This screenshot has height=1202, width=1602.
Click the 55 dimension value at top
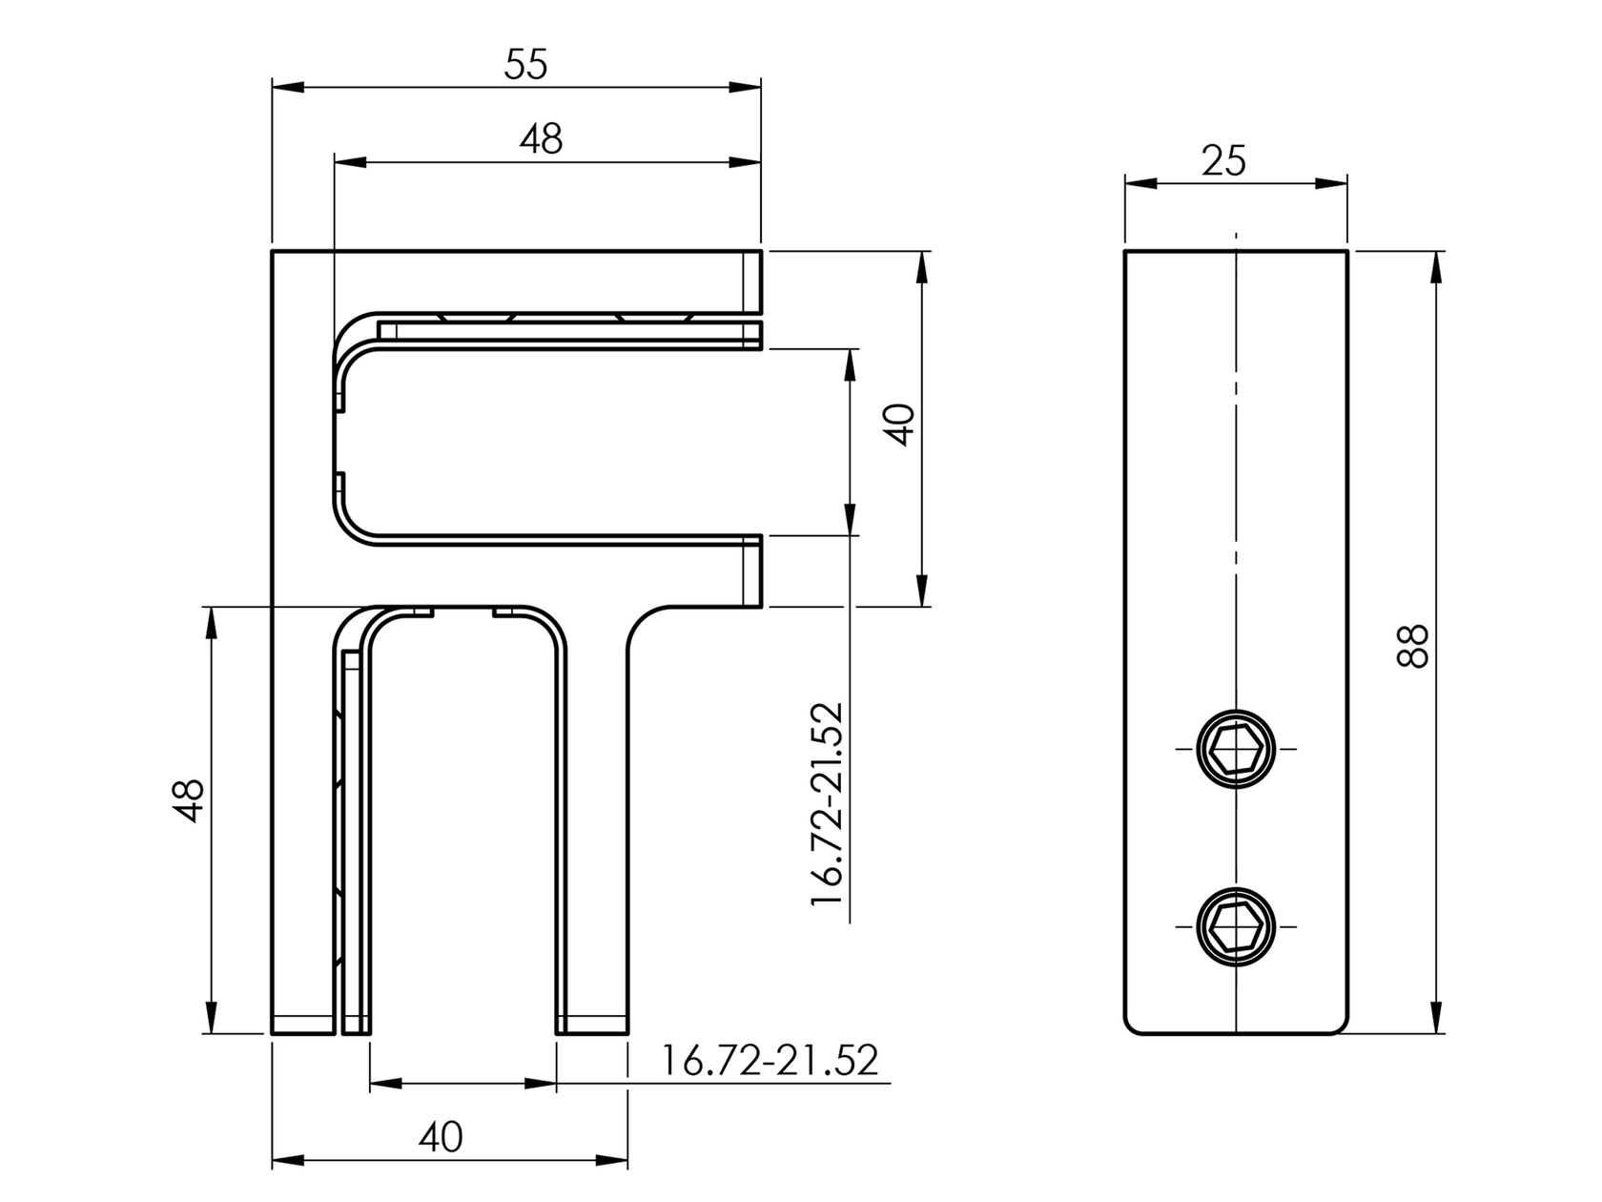526,65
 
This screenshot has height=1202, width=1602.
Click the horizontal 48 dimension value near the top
541,139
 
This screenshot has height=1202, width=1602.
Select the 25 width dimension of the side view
1223,160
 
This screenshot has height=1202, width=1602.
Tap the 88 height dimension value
1413,646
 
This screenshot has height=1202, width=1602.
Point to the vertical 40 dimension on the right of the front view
900,425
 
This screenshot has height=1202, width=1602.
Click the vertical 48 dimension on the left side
190,799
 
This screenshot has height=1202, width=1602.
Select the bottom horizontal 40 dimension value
441,1136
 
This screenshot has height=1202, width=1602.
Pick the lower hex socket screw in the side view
1236,924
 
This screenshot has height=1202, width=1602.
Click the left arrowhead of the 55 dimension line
286,88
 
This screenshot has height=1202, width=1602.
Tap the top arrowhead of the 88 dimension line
1438,266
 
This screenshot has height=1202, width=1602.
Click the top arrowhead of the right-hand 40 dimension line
922,267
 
